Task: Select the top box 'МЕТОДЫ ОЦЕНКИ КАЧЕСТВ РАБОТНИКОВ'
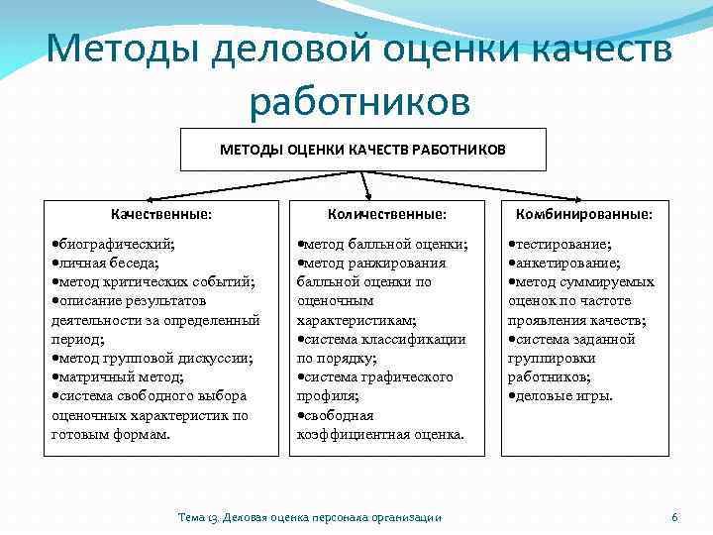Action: (362, 150)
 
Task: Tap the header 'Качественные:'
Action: (161, 213)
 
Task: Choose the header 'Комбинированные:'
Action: (588, 213)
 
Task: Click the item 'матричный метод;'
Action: (120, 376)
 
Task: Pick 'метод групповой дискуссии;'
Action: (154, 358)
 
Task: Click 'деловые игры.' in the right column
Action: (563, 395)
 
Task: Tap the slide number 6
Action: (674, 517)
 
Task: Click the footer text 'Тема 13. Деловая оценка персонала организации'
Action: (309, 517)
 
